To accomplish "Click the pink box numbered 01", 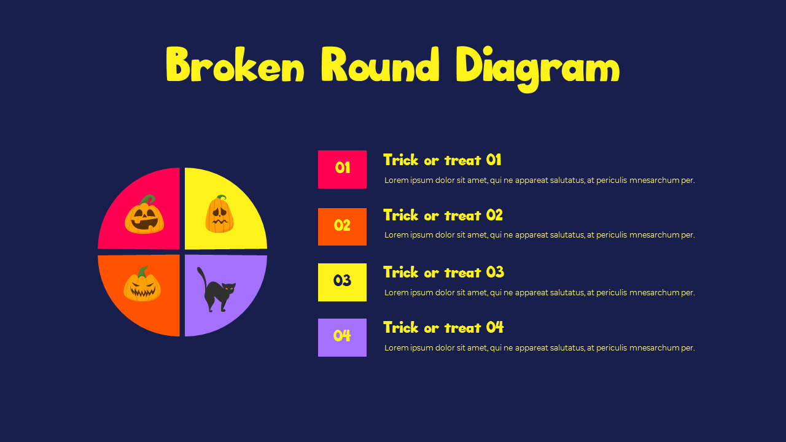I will tap(342, 169).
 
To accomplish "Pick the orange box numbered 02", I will tap(342, 227).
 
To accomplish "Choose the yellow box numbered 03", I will tap(342, 282).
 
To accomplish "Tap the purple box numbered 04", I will tap(342, 337).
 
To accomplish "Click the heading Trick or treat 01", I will tap(442, 160).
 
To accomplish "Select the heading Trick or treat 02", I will tap(443, 215).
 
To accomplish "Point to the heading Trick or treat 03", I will tap(443, 273).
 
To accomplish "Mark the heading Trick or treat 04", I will tap(443, 328).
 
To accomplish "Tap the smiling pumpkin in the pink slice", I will tap(144, 217).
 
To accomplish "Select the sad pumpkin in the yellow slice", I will tap(219, 215).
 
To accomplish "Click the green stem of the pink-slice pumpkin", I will tap(148, 200).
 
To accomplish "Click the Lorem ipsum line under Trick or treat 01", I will tap(539, 180).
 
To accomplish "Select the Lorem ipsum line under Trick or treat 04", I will tap(539, 348).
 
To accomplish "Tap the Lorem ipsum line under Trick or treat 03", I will tap(539, 293).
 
